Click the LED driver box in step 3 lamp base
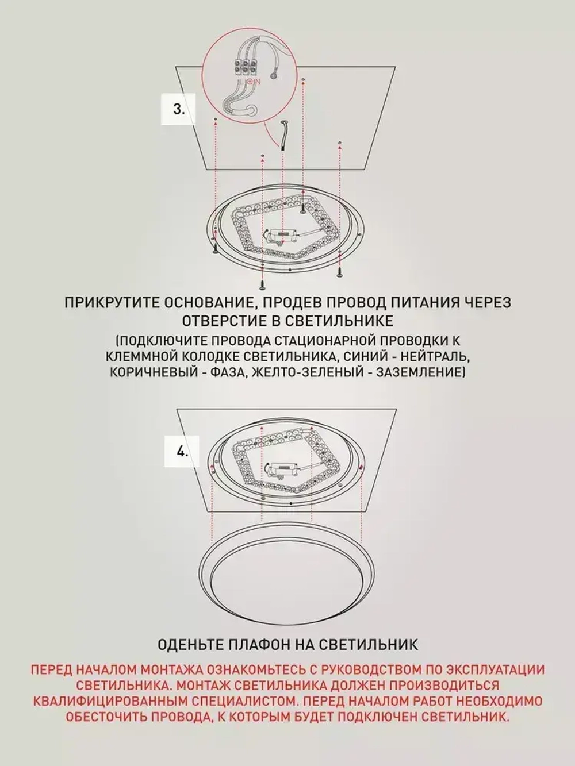tap(281, 236)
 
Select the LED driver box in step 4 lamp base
tap(281, 468)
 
